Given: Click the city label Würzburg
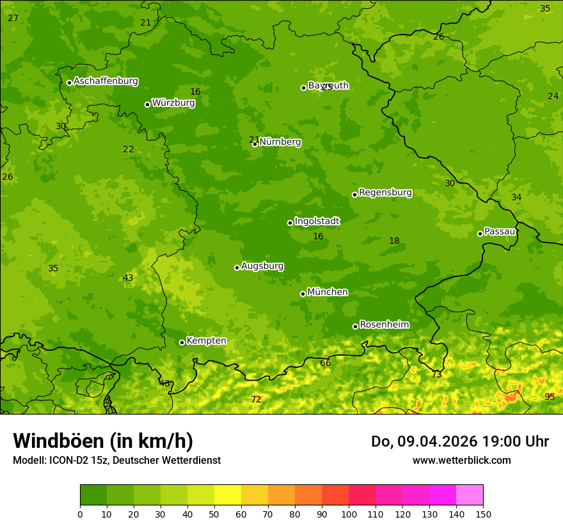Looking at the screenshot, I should coord(173,103).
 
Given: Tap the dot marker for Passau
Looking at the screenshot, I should coord(480,234).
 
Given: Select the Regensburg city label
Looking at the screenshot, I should coord(385,193).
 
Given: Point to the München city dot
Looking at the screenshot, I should coord(303,294).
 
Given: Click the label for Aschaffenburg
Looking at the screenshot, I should coord(106,81).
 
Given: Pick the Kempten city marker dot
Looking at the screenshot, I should coord(182,342).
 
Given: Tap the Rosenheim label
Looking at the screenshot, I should coord(384,325).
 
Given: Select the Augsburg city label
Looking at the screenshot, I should coord(262,266).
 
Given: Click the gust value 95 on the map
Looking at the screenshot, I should coord(550,397).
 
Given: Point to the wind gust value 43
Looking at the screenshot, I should coord(128,278).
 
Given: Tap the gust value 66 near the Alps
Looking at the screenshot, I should coord(326,363).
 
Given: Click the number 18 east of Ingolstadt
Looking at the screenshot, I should coord(394,241).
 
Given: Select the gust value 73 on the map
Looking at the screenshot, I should coord(436,374).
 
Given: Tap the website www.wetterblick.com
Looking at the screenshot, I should coord(461,460).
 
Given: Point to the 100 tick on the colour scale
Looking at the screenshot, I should coord(349,514).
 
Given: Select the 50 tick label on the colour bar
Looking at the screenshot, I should coord(214,514).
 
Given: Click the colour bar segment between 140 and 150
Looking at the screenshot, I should coord(470,495).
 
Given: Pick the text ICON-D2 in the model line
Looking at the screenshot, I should coord(70,460).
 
